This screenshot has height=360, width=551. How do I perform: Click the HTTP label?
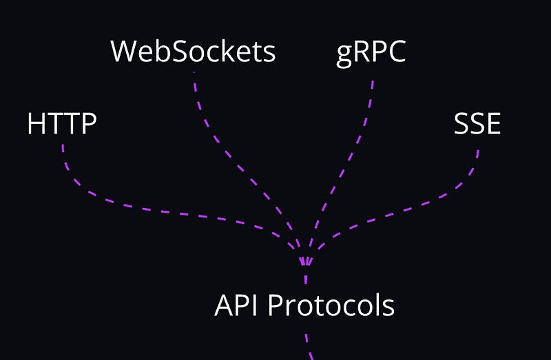click(x=61, y=124)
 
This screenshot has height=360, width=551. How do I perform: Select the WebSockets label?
click(x=193, y=52)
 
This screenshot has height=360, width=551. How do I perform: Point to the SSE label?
click(x=477, y=124)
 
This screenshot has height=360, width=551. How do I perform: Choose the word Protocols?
click(x=331, y=305)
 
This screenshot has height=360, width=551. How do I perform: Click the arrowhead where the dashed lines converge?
click(x=306, y=262)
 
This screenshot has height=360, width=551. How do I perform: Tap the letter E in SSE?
click(x=492, y=124)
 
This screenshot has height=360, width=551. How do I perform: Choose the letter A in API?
click(x=224, y=305)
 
